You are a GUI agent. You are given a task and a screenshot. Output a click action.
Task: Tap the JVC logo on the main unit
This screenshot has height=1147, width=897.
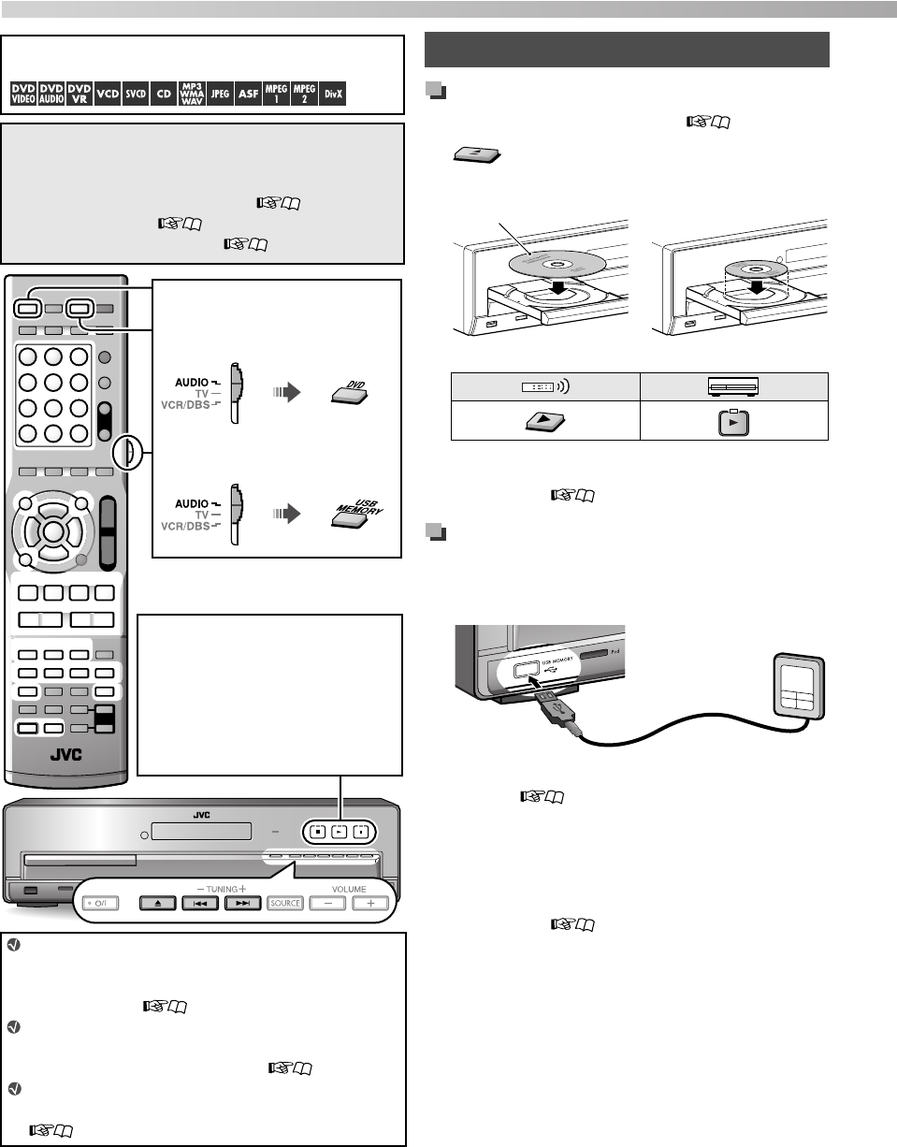coord(202,815)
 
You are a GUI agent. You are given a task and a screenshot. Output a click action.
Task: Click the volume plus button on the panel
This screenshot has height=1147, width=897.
coord(370,904)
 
